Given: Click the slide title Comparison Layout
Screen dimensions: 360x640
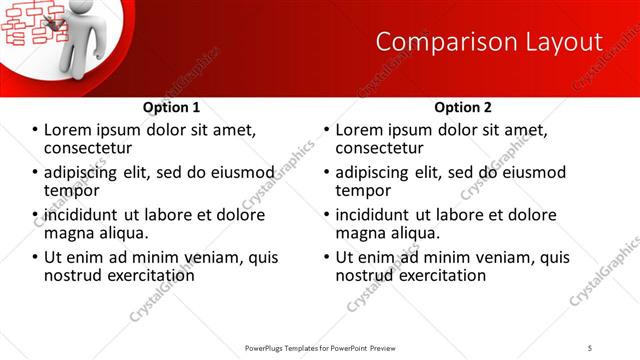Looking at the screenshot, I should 489,42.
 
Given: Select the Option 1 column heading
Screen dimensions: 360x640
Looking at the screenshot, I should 171,107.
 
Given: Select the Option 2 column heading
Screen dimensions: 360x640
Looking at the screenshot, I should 463,107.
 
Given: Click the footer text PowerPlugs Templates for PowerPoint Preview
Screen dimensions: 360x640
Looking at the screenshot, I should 319,348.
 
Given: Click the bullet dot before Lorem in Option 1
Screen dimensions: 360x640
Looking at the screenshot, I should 35,130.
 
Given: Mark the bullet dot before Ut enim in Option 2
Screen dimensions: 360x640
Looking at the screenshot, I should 327,257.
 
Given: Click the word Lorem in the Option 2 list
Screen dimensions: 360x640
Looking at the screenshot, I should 358,130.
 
